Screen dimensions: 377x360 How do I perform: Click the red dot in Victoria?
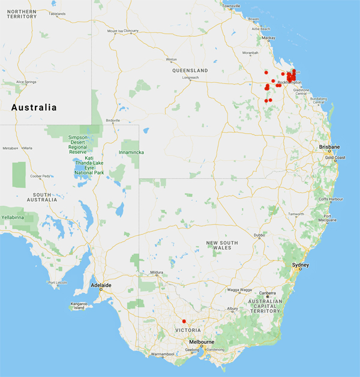coord(184,321)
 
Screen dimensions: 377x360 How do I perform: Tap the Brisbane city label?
coord(329,147)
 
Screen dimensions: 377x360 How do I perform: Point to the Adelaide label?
coord(99,285)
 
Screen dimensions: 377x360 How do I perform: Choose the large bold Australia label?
coord(34,108)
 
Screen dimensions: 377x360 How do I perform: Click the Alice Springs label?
coord(28,82)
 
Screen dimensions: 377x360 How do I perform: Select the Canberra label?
coord(267,293)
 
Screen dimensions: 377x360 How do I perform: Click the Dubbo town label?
coord(259,235)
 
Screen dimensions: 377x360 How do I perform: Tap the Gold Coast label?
coord(334,158)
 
